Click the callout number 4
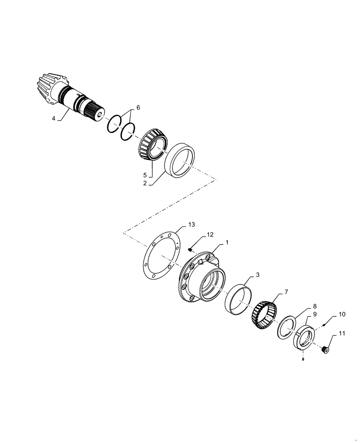click(54, 118)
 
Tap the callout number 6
click(138, 108)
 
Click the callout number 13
click(191, 225)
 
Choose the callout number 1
click(227, 243)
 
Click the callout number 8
click(314, 306)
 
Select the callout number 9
click(314, 314)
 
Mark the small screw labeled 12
click(190, 250)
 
